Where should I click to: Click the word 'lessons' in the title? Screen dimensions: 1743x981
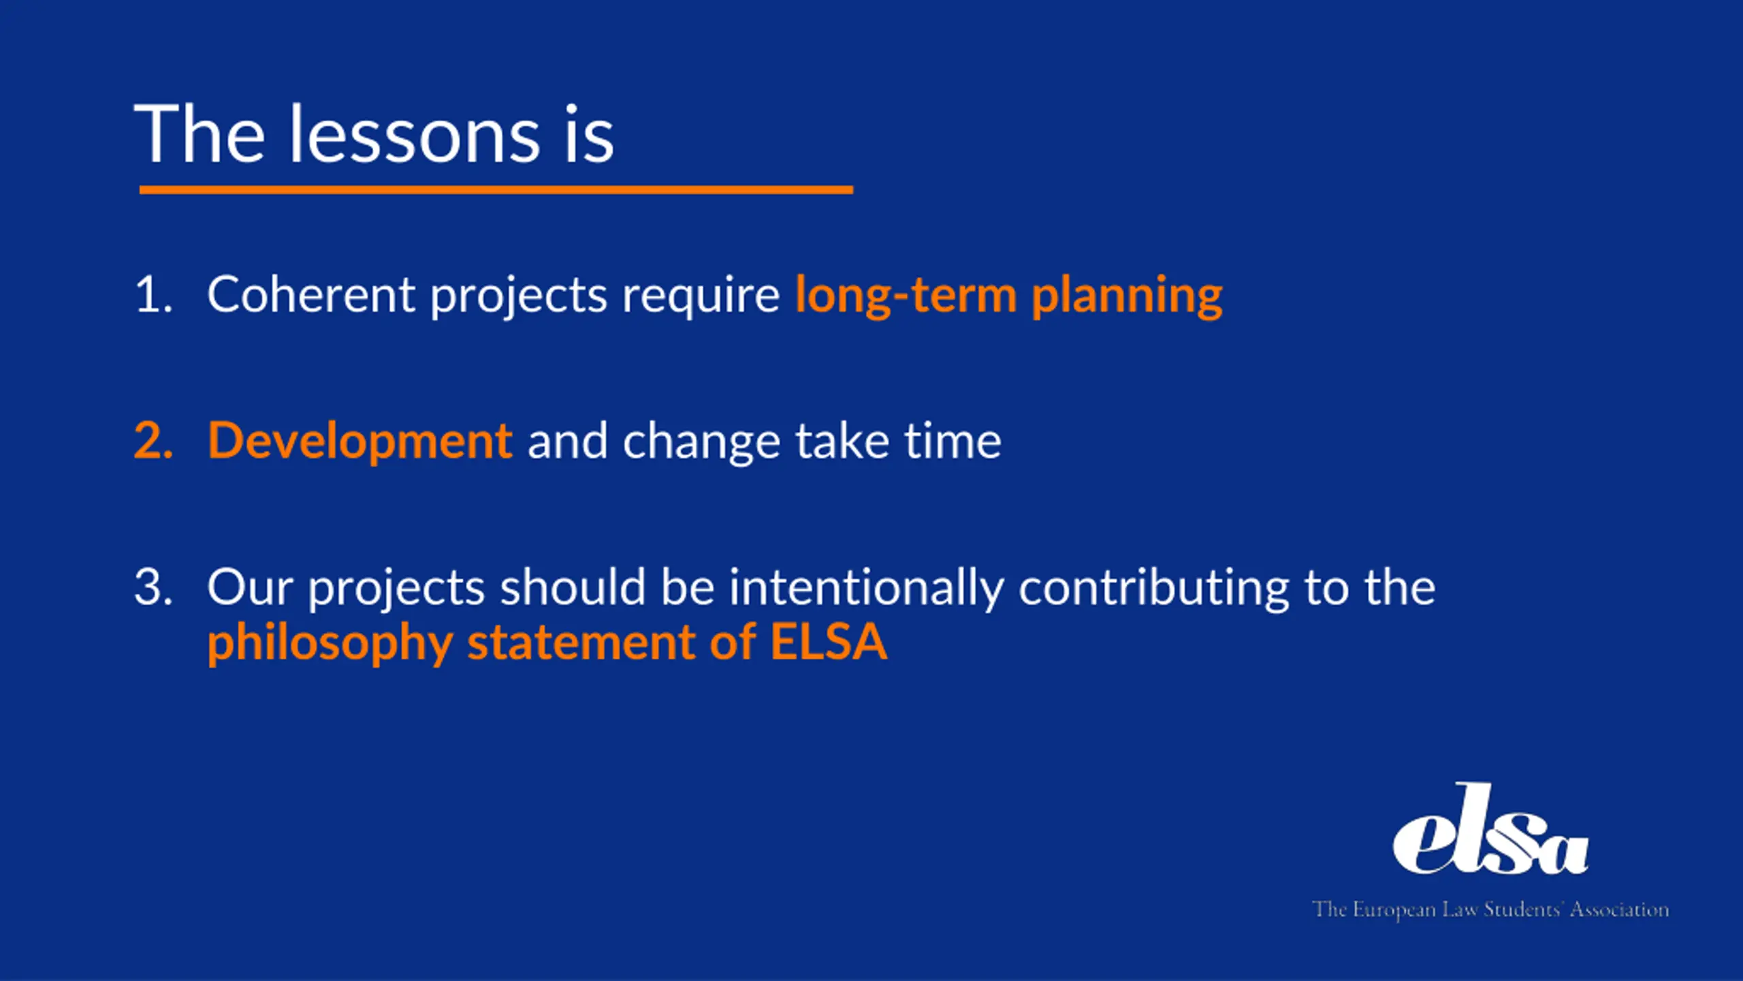click(x=415, y=134)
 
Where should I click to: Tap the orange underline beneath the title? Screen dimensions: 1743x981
click(x=496, y=190)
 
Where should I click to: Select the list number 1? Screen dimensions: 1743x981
click(x=154, y=295)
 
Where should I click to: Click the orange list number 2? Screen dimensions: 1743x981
click(x=154, y=441)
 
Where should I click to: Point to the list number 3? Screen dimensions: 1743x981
click(x=154, y=587)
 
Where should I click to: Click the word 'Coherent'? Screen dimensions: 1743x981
click(x=311, y=294)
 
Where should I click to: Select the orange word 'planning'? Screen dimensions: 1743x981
click(x=1128, y=298)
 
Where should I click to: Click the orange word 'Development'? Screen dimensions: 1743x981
click(x=360, y=442)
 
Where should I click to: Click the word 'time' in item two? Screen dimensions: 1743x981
click(x=953, y=441)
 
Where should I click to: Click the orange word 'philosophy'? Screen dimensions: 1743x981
click(x=330, y=644)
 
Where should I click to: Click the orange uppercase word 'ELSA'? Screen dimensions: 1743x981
click(x=829, y=642)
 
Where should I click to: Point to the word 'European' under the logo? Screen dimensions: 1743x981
click(x=1394, y=910)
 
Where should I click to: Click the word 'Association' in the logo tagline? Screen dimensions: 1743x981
click(x=1619, y=909)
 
